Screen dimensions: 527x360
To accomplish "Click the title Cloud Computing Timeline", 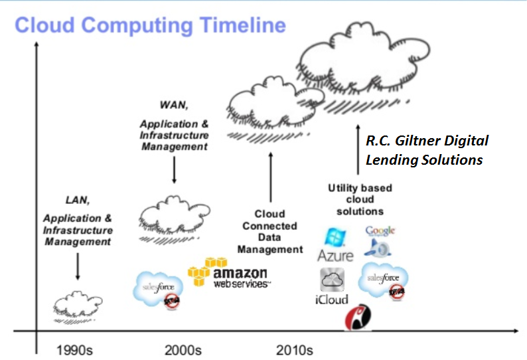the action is pos(150,25).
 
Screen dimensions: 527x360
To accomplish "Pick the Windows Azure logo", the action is pos(335,244).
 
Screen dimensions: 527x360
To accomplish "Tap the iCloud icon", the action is pos(332,286).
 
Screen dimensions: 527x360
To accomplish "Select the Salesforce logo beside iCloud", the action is pos(383,280).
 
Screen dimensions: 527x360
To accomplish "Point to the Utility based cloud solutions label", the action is pos(360,199).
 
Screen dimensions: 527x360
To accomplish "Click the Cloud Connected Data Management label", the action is pos(270,232).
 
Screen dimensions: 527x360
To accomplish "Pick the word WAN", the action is pos(175,105).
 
